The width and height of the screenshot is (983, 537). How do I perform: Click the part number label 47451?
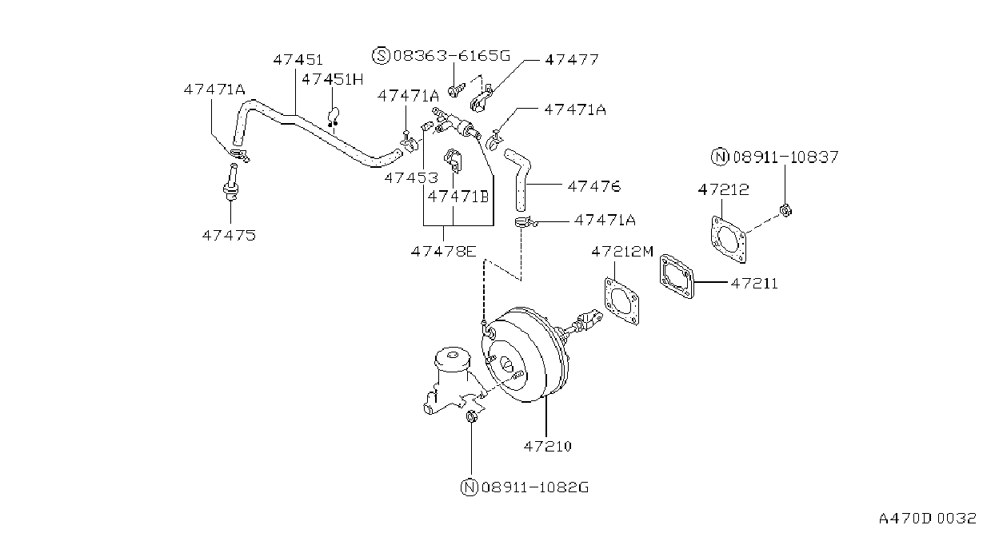tap(298, 60)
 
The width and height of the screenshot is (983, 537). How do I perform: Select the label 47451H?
tap(333, 79)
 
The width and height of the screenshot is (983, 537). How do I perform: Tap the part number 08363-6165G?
tap(452, 56)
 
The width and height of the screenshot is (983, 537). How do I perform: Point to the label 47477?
tap(572, 59)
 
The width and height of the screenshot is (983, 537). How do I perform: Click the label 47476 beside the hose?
tap(594, 186)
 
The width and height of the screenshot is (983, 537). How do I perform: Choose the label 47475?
tap(229, 236)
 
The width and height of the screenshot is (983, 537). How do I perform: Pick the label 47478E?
tap(444, 252)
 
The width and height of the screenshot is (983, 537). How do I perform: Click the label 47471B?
tap(458, 197)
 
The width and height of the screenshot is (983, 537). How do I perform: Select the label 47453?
tap(411, 177)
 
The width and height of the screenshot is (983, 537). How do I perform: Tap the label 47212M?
tap(622, 252)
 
